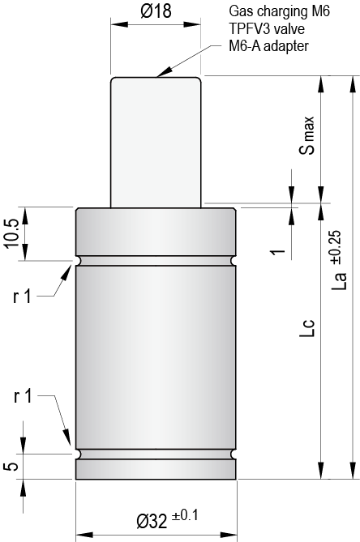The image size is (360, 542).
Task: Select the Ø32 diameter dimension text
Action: (x=151, y=519)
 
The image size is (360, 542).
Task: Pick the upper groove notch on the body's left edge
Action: (x=77, y=262)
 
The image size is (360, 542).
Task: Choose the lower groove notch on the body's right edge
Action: (x=234, y=454)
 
